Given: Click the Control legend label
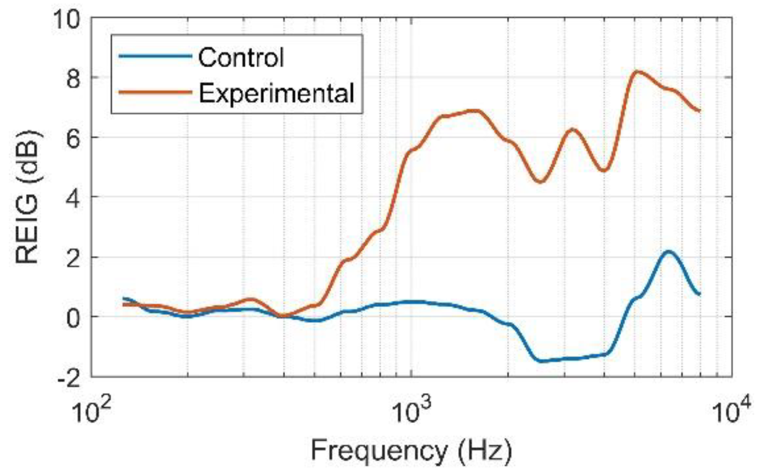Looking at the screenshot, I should coord(241,57).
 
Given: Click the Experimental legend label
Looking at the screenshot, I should coord(276,92).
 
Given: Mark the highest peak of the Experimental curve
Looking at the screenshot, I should coord(636,72).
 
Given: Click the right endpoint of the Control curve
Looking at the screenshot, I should coord(699,294).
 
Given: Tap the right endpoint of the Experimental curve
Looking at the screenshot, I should coord(699,111).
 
